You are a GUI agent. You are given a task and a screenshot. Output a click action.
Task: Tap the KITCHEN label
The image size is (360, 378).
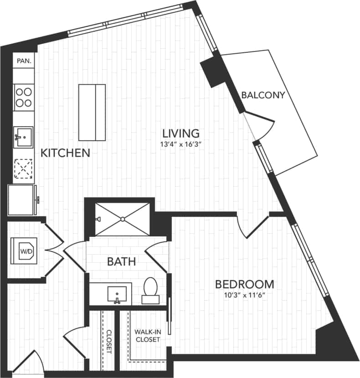[x=66, y=153]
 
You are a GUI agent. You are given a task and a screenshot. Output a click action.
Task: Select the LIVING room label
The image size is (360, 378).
[x=181, y=133]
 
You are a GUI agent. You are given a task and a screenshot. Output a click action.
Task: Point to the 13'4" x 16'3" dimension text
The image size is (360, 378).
[x=181, y=145]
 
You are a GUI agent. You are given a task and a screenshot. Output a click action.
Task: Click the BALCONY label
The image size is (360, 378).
[x=263, y=95]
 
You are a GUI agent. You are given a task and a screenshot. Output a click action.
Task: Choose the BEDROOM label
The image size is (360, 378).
[x=245, y=285]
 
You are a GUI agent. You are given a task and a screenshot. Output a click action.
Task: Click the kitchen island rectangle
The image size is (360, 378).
[x=92, y=112]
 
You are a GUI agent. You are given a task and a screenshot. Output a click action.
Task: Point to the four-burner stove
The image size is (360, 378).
[x=24, y=97]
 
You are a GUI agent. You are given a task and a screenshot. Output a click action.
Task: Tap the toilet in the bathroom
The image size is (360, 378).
[x=150, y=290]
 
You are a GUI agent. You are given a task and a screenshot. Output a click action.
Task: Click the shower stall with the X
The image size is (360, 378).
[x=122, y=220]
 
